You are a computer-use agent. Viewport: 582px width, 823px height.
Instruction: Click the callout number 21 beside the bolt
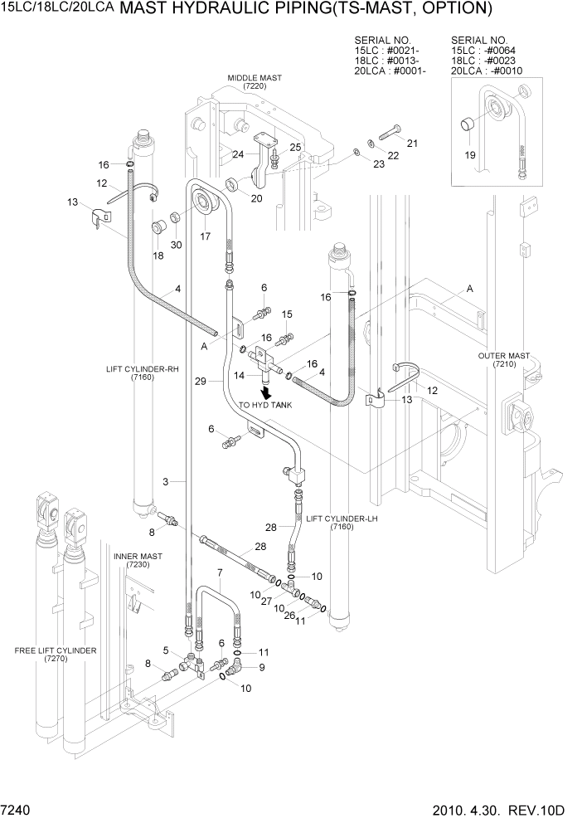(x=412, y=144)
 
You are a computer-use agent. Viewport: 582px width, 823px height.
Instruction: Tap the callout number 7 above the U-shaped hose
(x=220, y=573)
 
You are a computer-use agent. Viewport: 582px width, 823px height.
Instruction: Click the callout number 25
(x=294, y=147)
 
